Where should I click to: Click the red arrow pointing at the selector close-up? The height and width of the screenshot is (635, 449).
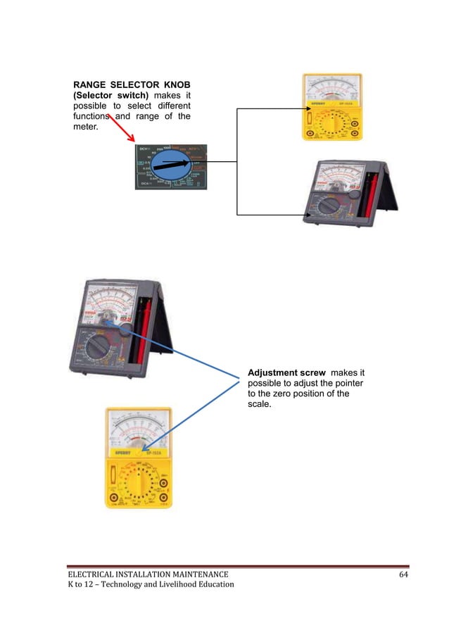[124, 130]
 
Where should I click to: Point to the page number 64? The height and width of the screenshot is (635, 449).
[403, 574]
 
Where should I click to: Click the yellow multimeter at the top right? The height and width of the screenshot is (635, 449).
[332, 108]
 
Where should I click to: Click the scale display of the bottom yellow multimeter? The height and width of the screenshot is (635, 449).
[138, 430]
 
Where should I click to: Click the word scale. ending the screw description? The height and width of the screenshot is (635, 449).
[260, 405]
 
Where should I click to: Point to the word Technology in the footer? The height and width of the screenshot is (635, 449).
[114, 584]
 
